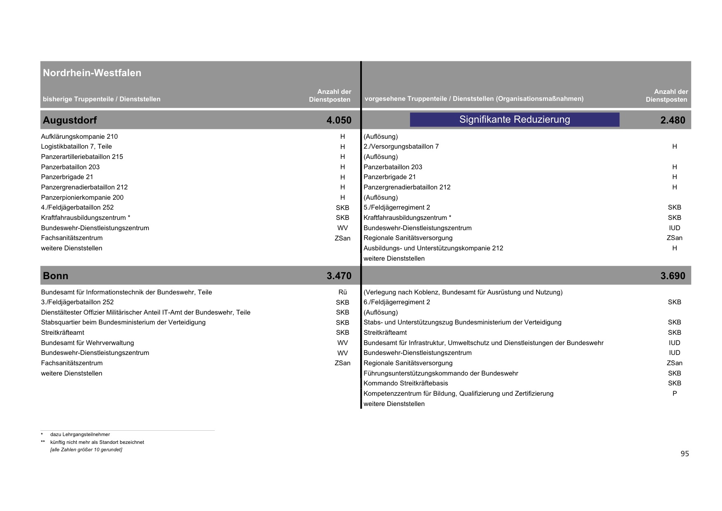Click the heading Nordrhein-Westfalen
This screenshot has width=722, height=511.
coord(92,73)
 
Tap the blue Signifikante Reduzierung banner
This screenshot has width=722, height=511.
coord(515,119)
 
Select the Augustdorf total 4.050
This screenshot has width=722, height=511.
coord(339,120)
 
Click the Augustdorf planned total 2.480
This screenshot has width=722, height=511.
coord(673,120)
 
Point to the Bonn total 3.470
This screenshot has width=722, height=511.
coord(339,276)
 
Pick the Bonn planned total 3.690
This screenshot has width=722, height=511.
coord(673,276)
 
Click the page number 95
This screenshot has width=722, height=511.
coord(685,454)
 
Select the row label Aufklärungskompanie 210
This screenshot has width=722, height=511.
coord(79,136)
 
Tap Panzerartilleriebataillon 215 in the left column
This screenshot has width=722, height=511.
coord(82,157)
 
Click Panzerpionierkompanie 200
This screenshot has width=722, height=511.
coord(82,198)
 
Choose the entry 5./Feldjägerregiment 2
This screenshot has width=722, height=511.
coord(396,208)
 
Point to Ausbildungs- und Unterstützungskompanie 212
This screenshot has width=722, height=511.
coord(433,248)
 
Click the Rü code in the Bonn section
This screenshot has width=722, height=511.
coord(342,292)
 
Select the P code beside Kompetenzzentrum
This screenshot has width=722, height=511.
coord(674,394)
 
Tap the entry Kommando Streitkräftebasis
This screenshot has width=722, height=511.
coord(405,383)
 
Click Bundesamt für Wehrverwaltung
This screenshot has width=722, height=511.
coord(87,343)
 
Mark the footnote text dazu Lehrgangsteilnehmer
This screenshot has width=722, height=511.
coord(80,434)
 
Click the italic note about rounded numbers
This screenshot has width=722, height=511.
coord(86,450)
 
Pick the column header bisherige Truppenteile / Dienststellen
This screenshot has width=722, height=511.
coord(101,99)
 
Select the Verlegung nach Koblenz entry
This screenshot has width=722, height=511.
coord(463,292)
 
